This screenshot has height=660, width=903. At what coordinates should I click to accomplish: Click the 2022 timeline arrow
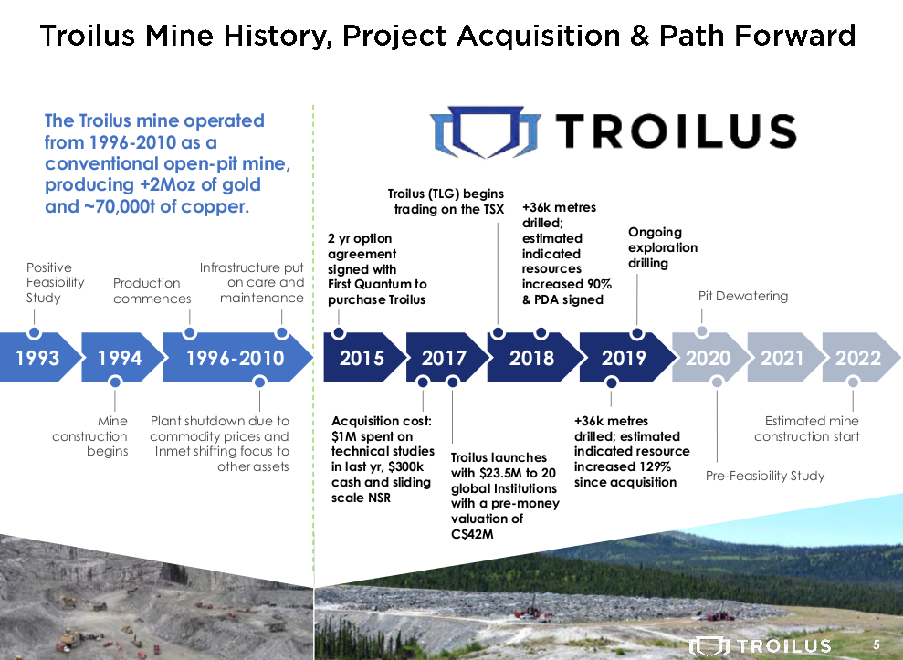(860, 358)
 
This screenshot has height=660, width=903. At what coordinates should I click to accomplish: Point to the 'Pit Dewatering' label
(743, 296)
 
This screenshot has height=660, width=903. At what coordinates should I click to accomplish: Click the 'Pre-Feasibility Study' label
(765, 476)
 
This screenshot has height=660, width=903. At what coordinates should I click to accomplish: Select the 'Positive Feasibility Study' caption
(56, 283)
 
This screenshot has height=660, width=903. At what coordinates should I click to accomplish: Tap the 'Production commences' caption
(152, 291)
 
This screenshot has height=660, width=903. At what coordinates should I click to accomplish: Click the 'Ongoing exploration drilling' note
(663, 247)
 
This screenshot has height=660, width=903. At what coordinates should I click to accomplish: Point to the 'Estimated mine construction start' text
(807, 428)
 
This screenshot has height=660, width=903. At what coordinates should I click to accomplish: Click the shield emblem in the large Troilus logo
(487, 131)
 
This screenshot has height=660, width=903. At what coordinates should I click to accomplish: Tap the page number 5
(876, 644)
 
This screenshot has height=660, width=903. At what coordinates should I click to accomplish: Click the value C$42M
(472, 534)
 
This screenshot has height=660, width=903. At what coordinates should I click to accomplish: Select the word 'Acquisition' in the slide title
(539, 36)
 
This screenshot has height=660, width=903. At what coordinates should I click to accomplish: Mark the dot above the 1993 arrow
(34, 332)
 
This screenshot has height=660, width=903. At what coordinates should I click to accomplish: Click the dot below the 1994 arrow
(115, 382)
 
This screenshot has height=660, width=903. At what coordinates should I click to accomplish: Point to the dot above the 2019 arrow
(637, 333)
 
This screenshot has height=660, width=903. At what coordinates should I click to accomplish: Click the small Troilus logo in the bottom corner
(761, 645)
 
